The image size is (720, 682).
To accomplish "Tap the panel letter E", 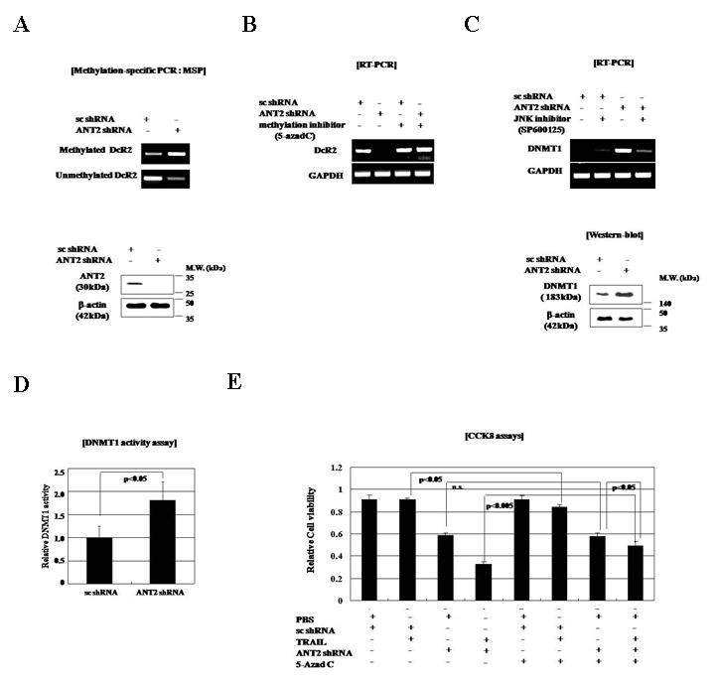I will click(235, 383).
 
